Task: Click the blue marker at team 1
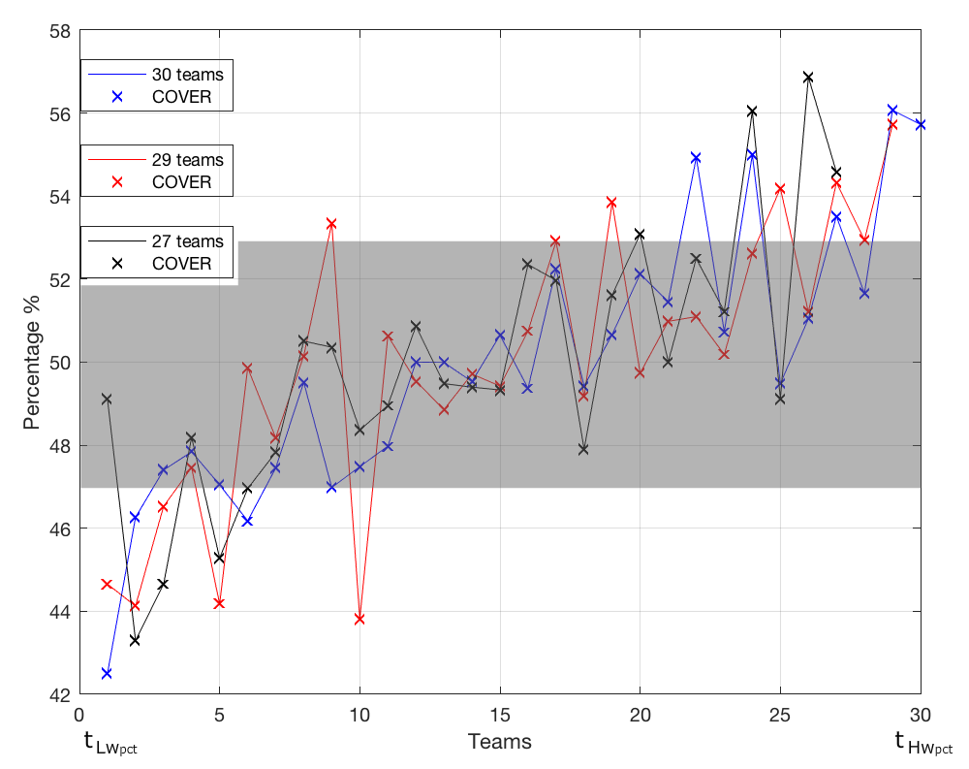pyautogui.click(x=107, y=673)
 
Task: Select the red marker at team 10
pyautogui.click(x=359, y=619)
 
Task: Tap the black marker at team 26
pyautogui.click(x=808, y=77)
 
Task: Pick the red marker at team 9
pyautogui.click(x=331, y=223)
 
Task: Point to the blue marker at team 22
pyautogui.click(x=696, y=157)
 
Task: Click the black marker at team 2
pyautogui.click(x=135, y=640)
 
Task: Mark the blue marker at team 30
pyautogui.click(x=921, y=124)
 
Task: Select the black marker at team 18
pyautogui.click(x=583, y=449)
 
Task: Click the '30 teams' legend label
pyautogui.click(x=187, y=75)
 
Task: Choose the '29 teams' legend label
pyautogui.click(x=187, y=160)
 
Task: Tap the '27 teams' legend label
pyautogui.click(x=187, y=241)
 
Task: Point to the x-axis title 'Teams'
pyautogui.click(x=500, y=743)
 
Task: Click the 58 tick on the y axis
pyautogui.click(x=60, y=30)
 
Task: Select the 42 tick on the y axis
pyautogui.click(x=60, y=695)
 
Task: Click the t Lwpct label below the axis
pyautogui.click(x=109, y=745)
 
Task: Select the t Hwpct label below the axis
pyautogui.click(x=922, y=745)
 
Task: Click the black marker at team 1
pyautogui.click(x=107, y=399)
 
